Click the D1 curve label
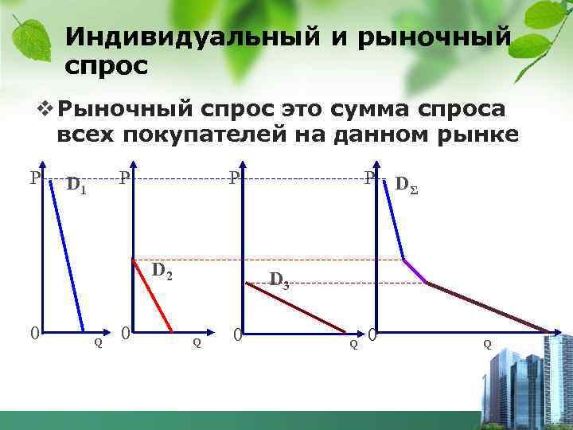76,186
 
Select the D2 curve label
162,270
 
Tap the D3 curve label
279,279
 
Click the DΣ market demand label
406,186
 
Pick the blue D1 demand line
67,255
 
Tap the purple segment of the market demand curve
415,272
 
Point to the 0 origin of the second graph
125,332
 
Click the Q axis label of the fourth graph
487,344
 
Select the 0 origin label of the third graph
237,334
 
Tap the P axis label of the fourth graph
369,178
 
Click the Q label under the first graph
98,343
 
